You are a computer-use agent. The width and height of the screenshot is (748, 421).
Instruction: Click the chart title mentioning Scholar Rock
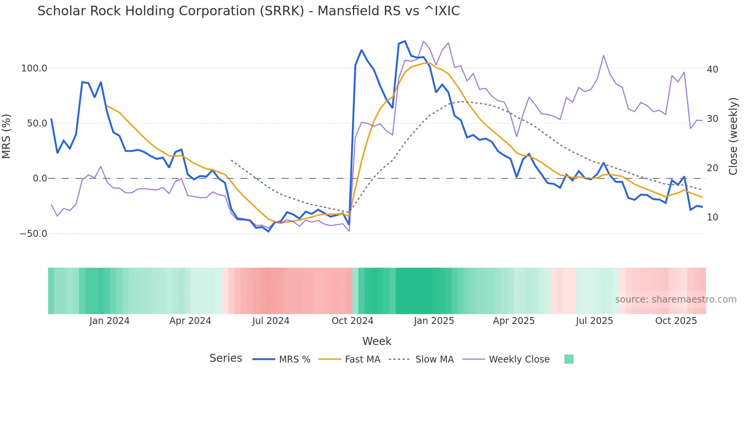tap(248, 11)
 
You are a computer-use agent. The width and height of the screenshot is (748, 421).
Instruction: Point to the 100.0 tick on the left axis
tap(34, 68)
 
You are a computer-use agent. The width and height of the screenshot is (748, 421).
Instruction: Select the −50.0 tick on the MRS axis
tap(34, 234)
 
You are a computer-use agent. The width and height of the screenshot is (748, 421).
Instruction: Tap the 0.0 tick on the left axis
tap(40, 178)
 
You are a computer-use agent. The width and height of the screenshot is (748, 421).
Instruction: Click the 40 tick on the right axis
tap(712, 70)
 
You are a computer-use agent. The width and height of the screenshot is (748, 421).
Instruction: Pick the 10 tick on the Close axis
tap(712, 217)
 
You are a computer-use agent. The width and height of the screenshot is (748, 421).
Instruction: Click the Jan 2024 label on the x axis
tap(110, 321)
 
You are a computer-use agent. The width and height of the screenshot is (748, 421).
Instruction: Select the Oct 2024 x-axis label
tap(352, 321)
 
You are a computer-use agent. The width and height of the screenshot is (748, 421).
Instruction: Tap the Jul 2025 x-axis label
tap(594, 321)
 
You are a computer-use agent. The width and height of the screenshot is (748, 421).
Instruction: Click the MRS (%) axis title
tap(6, 136)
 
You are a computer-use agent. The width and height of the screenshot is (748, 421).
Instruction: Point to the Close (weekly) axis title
tap(733, 136)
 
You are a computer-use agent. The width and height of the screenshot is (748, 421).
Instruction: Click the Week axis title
tap(377, 341)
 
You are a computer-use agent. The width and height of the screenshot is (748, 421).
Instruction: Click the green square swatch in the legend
tap(569, 359)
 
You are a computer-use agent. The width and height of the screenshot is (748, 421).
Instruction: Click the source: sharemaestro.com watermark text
tap(675, 300)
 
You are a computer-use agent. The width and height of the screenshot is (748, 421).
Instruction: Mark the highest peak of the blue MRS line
tap(405, 41)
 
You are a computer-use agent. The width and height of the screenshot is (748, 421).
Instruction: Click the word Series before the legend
tap(226, 358)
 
